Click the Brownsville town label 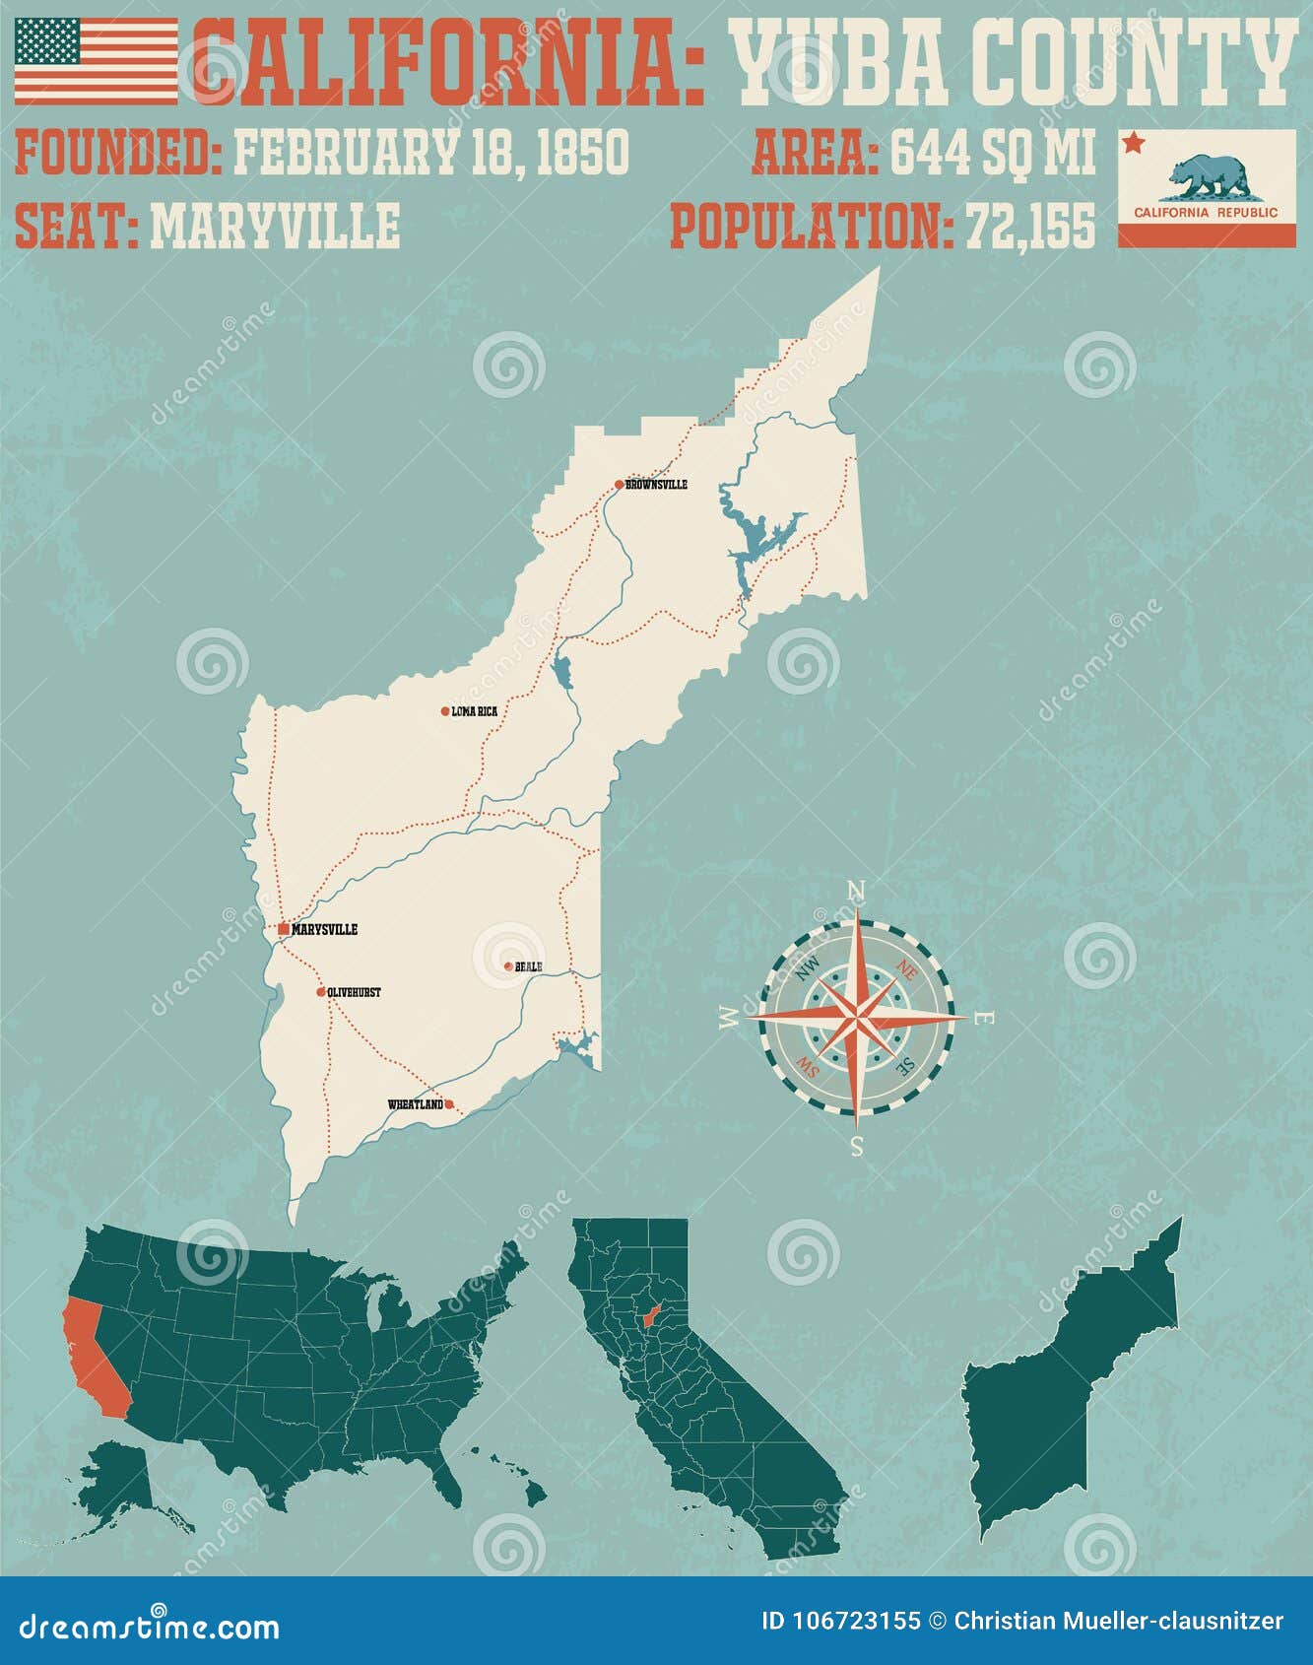click(x=656, y=485)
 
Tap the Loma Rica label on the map click(x=474, y=711)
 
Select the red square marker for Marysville click(x=284, y=929)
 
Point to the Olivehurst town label click(x=354, y=992)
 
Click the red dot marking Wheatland click(x=449, y=1104)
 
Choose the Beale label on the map click(x=528, y=966)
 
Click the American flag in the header click(x=96, y=60)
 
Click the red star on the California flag click(x=1133, y=144)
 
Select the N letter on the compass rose click(x=856, y=893)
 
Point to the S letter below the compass click(x=856, y=1146)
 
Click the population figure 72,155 click(x=1029, y=227)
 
